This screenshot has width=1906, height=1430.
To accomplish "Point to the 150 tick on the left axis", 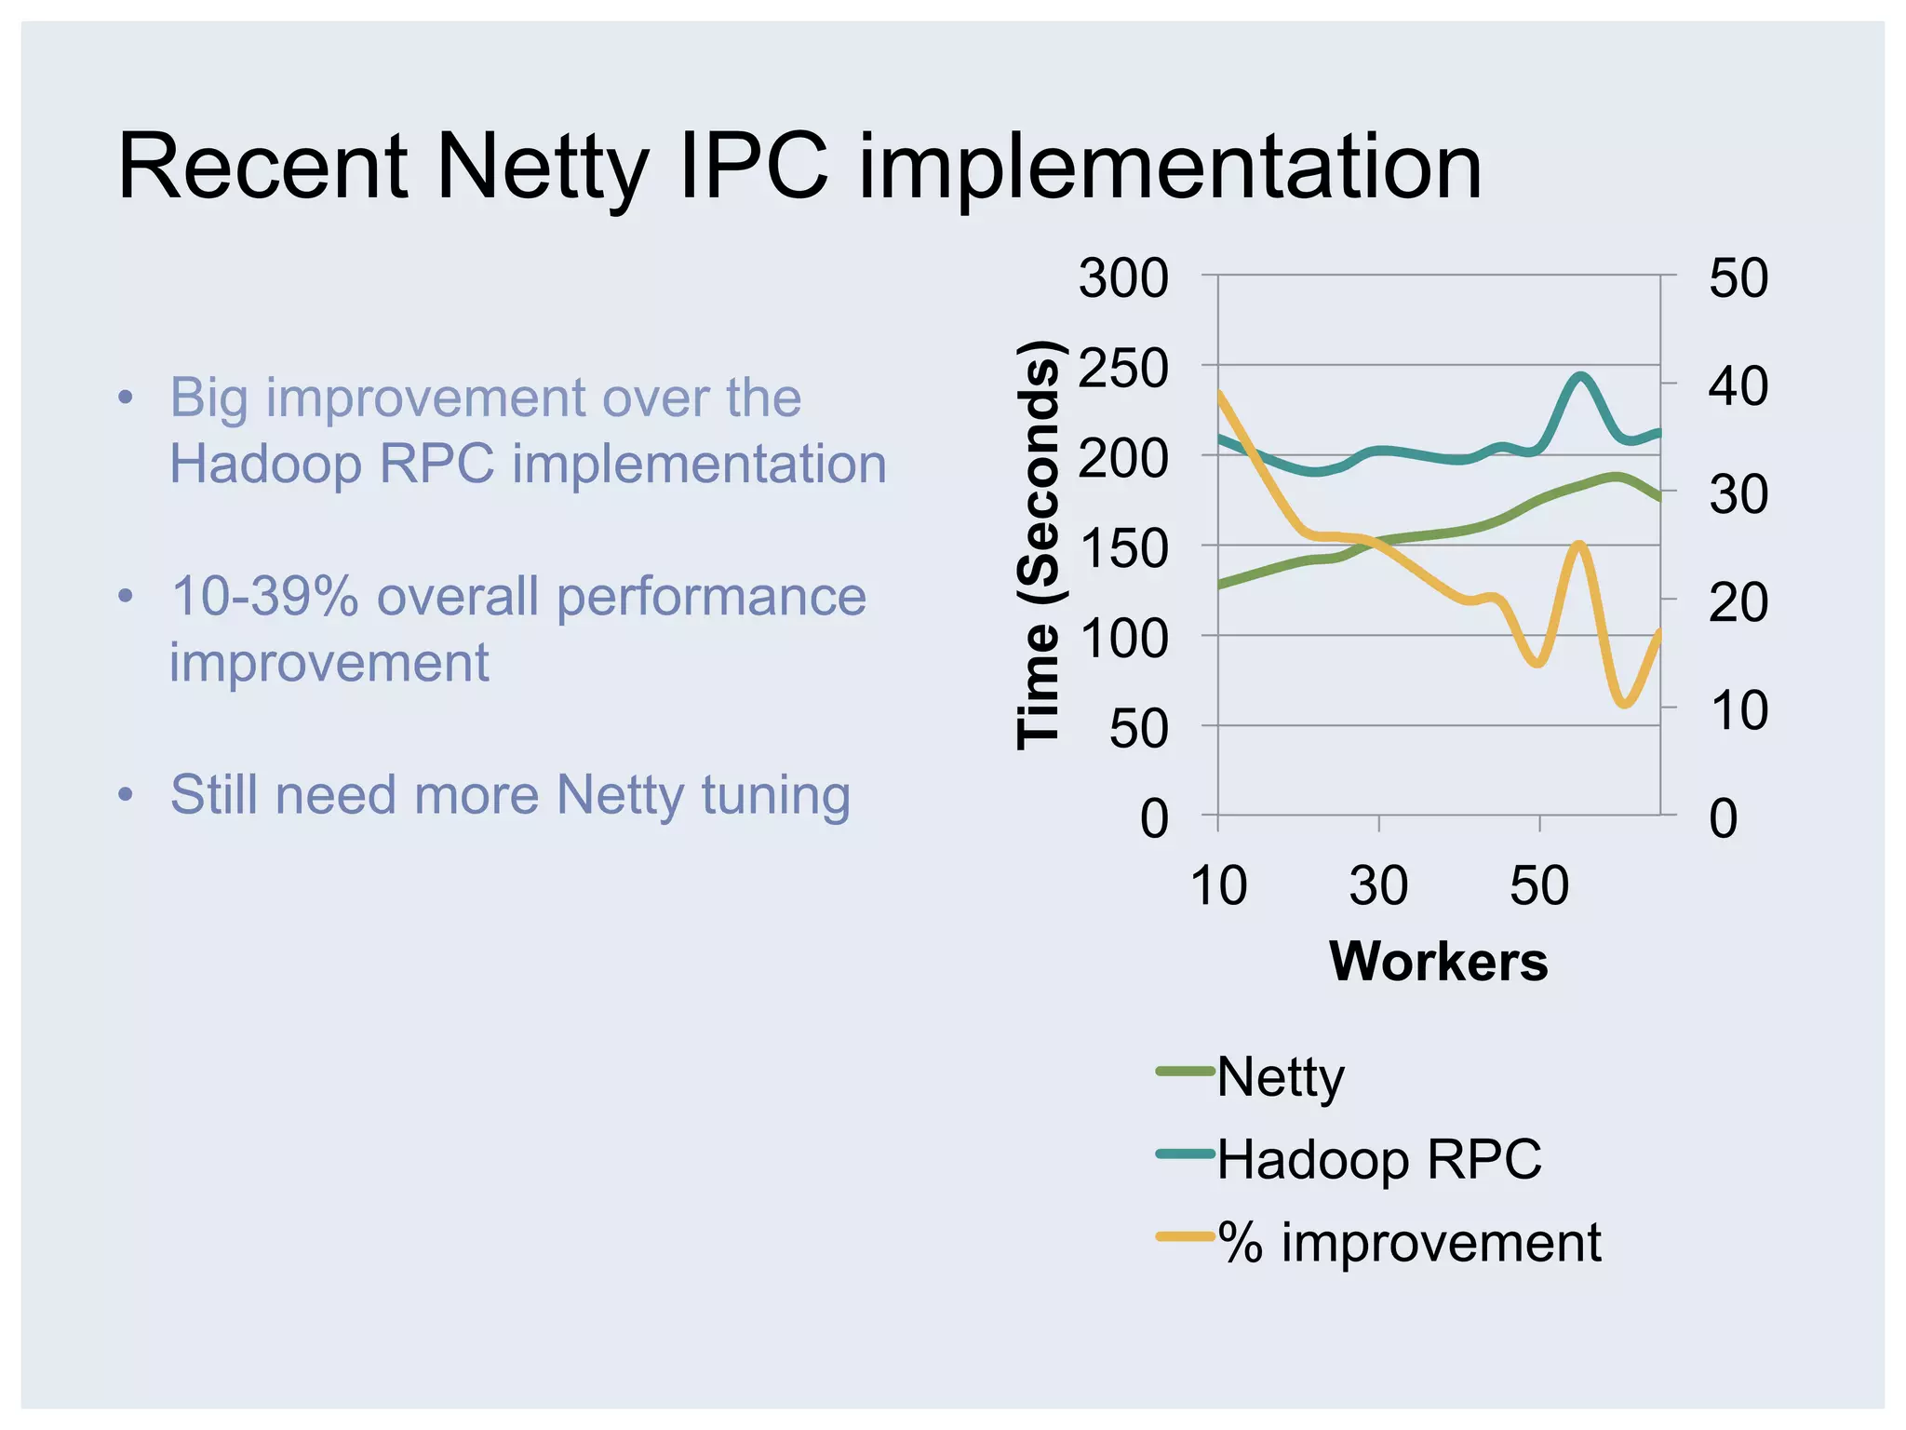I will point(1123,548).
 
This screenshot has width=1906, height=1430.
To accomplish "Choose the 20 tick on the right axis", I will point(1738,601).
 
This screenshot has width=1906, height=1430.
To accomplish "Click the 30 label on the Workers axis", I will point(1378,885).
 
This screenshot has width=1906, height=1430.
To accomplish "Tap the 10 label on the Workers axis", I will point(1218,885).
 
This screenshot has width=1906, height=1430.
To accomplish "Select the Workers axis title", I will point(1439,961).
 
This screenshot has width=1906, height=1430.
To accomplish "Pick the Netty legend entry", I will point(1280,1077).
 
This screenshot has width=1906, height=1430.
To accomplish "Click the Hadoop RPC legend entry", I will point(1378,1159).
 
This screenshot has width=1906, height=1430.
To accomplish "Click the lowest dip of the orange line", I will point(1624,704).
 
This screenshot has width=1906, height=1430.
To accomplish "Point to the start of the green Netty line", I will point(1220,585).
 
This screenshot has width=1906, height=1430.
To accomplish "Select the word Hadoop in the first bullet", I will point(265,464).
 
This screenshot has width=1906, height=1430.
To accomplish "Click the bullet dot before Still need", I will point(127,796).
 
